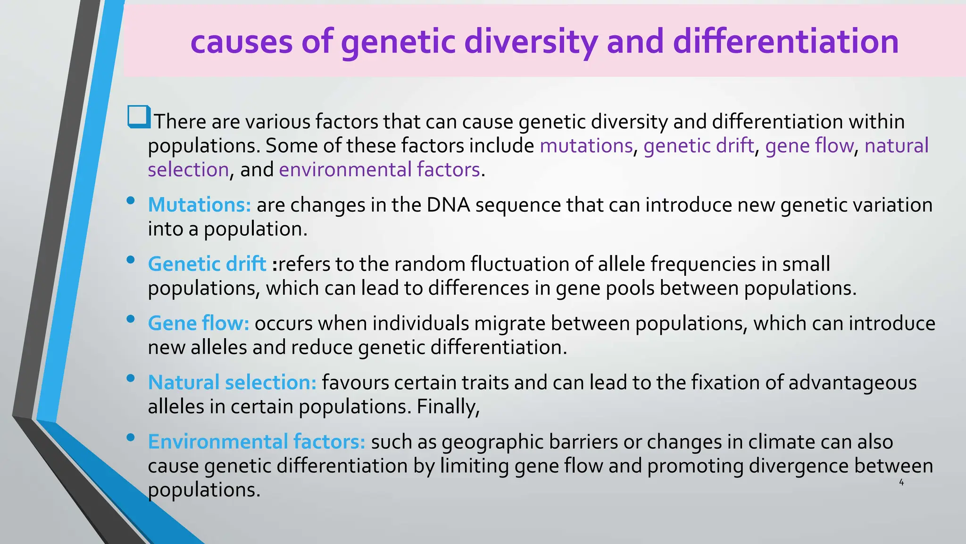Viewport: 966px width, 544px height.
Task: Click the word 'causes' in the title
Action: tap(241, 42)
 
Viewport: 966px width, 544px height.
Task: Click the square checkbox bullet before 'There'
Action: tap(139, 117)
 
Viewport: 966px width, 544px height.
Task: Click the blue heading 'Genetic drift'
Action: tap(207, 264)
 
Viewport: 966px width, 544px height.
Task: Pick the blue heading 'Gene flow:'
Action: tap(199, 323)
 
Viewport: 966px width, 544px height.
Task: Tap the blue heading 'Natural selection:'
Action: tap(232, 382)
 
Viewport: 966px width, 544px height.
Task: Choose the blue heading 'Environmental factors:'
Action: tap(257, 442)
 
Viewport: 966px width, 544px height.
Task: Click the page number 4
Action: tap(901, 483)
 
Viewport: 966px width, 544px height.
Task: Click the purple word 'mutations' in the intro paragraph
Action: tap(586, 145)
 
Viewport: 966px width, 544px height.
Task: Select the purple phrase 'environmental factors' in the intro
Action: tap(379, 170)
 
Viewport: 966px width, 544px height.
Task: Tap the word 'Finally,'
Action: tap(448, 407)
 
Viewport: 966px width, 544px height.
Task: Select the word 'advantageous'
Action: tap(852, 383)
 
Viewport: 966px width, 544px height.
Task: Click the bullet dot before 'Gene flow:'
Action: tap(131, 319)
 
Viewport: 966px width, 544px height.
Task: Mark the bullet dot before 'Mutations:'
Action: tap(131, 201)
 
